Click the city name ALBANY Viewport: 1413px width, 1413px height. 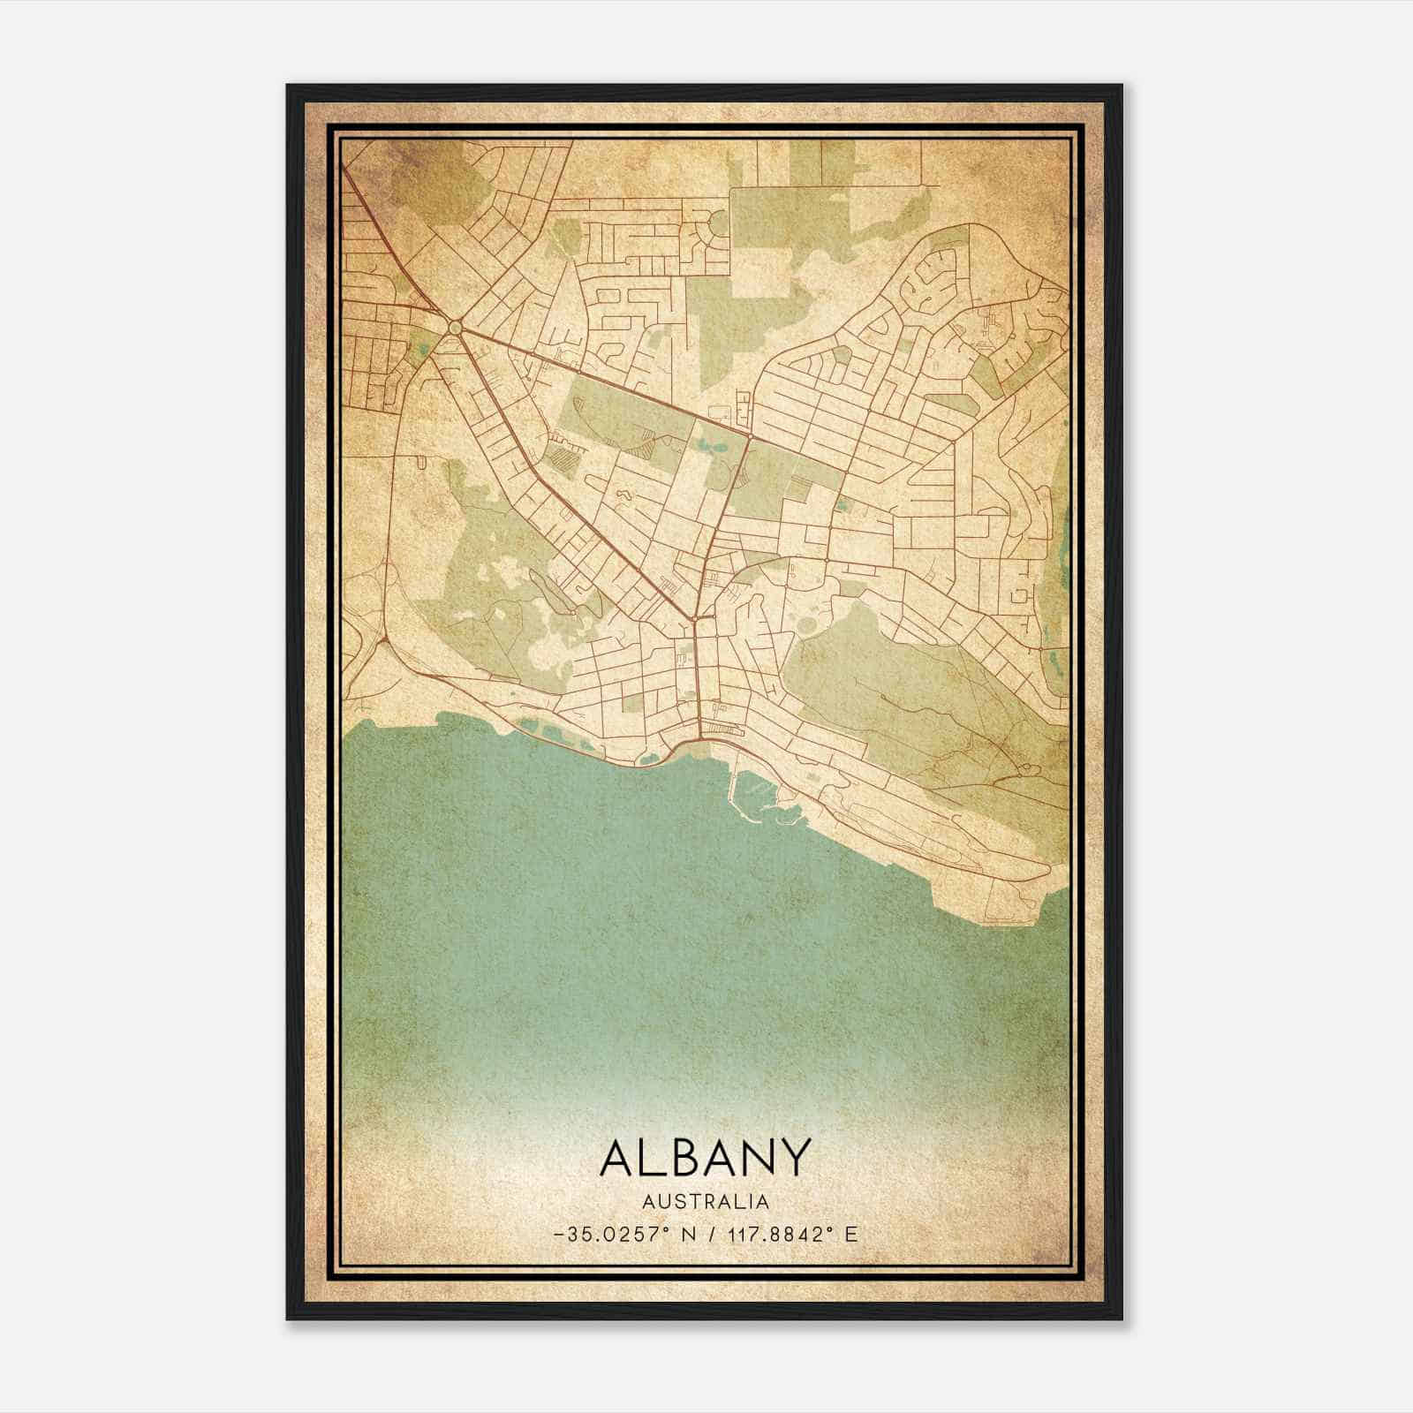tap(705, 1157)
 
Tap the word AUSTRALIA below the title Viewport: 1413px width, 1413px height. tap(705, 1202)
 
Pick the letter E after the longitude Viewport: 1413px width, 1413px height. tap(851, 1235)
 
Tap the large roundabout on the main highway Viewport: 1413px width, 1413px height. tap(455, 328)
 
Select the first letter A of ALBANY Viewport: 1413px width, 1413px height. tap(617, 1157)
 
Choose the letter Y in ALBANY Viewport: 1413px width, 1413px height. tap(794, 1157)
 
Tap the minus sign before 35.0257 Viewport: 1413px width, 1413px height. tap(560, 1235)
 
